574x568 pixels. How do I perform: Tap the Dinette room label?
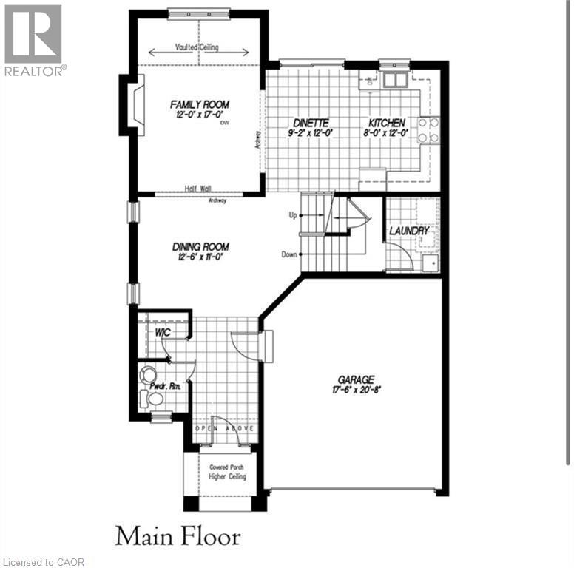coord(309,122)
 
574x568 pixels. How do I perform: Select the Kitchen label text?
coord(387,122)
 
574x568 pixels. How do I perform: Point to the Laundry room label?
coord(410,231)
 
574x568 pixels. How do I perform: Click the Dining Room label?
coord(200,246)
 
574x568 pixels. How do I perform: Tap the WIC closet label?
coord(163,332)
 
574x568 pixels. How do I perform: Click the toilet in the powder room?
coord(155,399)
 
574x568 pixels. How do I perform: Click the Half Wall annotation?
coord(198,189)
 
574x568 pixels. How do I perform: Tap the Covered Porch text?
coord(226,467)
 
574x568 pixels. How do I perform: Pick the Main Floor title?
coord(178,535)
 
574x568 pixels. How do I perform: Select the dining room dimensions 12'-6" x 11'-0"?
coord(200,257)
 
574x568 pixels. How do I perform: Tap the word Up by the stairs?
coord(292,214)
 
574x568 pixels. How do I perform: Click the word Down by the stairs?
coord(289,254)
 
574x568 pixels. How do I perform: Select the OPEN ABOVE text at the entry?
coord(226,429)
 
